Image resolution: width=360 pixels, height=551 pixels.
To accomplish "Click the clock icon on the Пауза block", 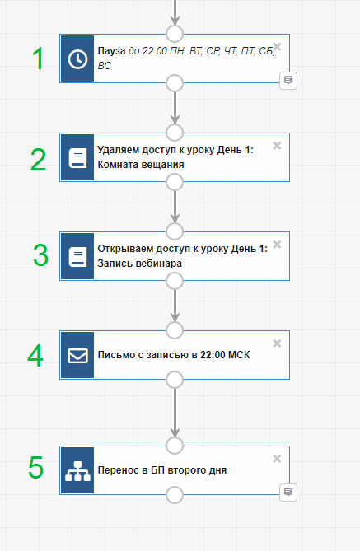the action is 77,58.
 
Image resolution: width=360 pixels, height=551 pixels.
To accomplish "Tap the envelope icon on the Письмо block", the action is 77,355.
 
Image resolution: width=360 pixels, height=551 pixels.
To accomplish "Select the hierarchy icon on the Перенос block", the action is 77,471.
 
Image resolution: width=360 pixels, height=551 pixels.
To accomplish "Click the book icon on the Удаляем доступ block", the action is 77,158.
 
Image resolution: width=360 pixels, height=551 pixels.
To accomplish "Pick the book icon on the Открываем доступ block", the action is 77,257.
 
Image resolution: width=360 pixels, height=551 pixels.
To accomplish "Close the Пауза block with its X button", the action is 277,46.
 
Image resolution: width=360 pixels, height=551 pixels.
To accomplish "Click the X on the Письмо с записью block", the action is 277,343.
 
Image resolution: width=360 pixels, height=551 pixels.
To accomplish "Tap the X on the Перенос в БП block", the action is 277,458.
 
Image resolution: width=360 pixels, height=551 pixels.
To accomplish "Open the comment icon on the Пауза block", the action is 288,81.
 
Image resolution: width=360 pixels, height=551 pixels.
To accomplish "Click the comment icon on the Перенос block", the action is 288,492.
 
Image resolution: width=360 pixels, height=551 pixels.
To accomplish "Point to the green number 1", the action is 38,58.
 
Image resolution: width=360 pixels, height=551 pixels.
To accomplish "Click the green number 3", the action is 40,255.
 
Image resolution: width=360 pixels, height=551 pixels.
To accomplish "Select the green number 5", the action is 36,467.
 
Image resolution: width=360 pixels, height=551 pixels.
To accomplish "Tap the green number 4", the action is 35,355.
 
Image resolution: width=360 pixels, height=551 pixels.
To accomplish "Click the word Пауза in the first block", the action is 111,51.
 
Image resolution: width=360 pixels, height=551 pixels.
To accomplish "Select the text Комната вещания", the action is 141,165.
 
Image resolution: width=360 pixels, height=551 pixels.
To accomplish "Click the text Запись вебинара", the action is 139,264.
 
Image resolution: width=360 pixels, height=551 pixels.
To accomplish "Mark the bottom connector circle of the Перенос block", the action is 175,495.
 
